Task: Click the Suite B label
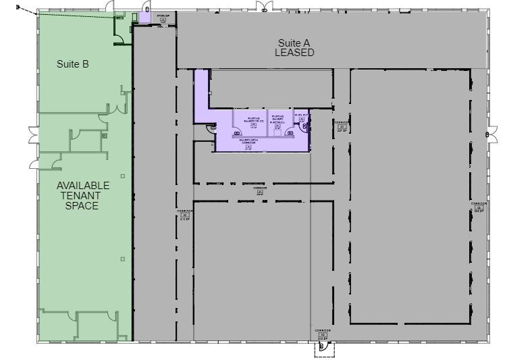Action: [73, 64]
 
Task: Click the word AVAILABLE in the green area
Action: [83, 186]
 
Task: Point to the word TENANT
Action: [82, 196]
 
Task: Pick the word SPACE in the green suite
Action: [82, 205]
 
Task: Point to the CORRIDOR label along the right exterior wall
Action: [479, 207]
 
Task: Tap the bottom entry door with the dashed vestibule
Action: [323, 347]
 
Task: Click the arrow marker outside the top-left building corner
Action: [19, 9]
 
